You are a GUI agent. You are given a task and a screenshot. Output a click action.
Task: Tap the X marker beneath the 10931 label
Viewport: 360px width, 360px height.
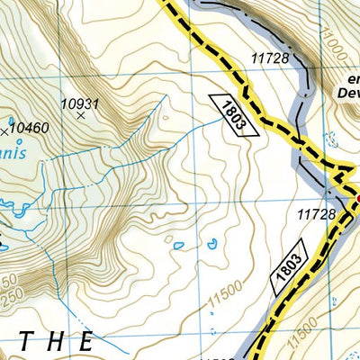coord(80,116)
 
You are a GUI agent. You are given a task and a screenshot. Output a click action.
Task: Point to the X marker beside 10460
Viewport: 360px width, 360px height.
coord(10,120)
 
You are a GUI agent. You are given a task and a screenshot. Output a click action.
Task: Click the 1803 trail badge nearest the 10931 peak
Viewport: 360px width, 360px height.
coord(232,113)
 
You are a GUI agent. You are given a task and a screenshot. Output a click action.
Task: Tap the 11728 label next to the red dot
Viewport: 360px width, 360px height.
coord(316,214)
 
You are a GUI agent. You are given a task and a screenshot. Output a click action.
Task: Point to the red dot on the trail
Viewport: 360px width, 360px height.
coord(357,197)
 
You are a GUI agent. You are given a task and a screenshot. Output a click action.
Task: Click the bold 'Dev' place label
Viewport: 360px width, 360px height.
coord(348,92)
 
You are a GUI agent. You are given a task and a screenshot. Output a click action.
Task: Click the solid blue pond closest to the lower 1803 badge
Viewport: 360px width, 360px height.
coord(211,242)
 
